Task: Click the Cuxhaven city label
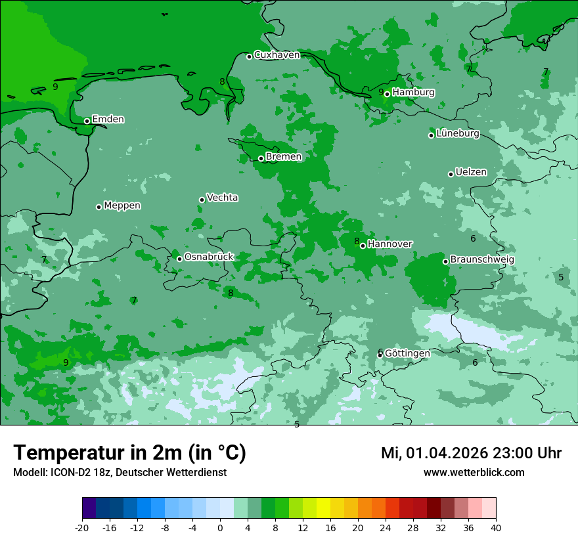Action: [x=277, y=55]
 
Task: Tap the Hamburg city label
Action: [x=413, y=93]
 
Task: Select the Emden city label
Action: [x=108, y=120]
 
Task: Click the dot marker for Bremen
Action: [x=261, y=158]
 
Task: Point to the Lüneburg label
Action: [x=458, y=134]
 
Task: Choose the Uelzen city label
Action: [x=471, y=173]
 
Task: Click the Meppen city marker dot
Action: [x=99, y=207]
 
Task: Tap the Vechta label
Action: [x=222, y=198]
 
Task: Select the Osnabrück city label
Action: [x=209, y=257]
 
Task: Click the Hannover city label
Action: [x=389, y=244]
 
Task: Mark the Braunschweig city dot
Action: [x=445, y=261]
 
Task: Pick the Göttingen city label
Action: [x=407, y=353]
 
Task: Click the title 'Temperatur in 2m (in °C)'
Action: [x=129, y=453]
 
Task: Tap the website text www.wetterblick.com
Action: [x=474, y=473]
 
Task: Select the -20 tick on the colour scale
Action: [x=82, y=528]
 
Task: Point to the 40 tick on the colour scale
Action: [x=496, y=528]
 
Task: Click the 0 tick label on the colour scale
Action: [x=220, y=528]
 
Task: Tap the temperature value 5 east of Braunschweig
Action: [x=561, y=278]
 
